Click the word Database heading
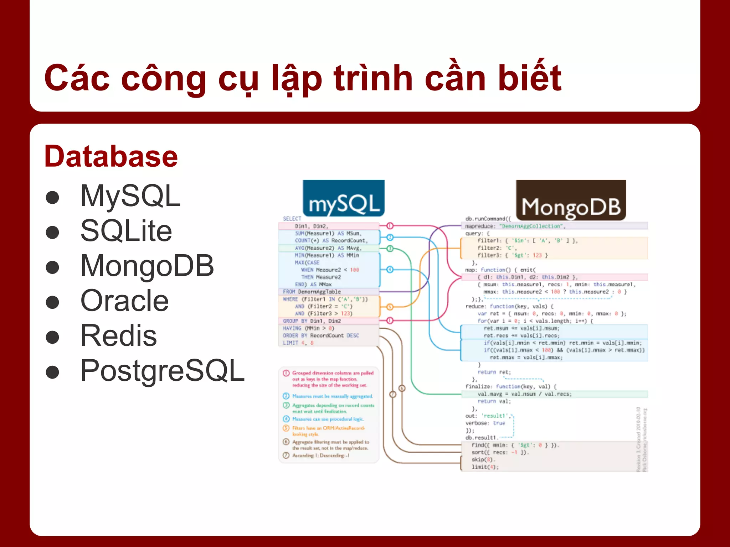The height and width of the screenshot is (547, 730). click(x=111, y=157)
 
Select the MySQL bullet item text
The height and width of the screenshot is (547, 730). click(x=130, y=196)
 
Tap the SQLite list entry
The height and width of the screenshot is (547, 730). click(x=126, y=231)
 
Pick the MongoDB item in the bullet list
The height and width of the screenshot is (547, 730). click(x=147, y=266)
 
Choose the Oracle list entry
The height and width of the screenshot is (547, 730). click(x=124, y=301)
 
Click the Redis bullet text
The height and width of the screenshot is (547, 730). click(x=118, y=335)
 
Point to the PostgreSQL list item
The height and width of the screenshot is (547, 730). click(x=162, y=371)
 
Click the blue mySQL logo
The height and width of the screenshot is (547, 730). click(x=344, y=199)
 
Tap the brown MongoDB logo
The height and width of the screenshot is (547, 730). click(x=571, y=200)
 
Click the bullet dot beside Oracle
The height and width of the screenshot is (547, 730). click(x=52, y=302)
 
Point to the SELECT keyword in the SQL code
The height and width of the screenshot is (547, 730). click(x=292, y=219)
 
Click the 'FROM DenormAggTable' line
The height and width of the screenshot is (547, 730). click(x=312, y=292)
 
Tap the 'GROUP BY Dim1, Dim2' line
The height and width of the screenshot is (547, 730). click(x=312, y=321)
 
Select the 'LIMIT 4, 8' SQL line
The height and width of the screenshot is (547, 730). click(x=298, y=343)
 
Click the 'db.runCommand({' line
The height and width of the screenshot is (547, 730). click(x=488, y=219)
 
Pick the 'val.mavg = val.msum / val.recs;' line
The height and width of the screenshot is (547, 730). click(x=524, y=394)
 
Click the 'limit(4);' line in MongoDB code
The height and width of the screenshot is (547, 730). click(x=485, y=467)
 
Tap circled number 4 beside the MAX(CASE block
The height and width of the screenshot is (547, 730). click(x=390, y=270)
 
